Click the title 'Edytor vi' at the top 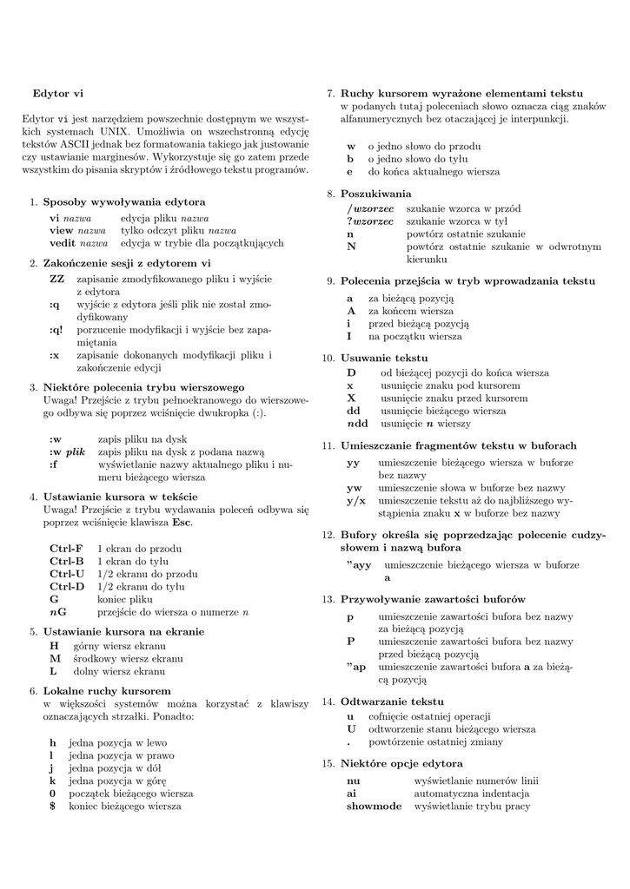pyautogui.click(x=57, y=92)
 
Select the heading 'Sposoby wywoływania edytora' pyautogui.click(x=124, y=201)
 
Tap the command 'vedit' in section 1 pyautogui.click(x=63, y=243)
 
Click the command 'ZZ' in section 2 pyautogui.click(x=56, y=279)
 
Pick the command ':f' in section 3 pyautogui.click(x=54, y=464)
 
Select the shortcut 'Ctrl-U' pyautogui.click(x=67, y=574)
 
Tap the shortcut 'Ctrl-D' pyautogui.click(x=67, y=587)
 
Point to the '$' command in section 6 pyautogui.click(x=52, y=806)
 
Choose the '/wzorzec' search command pyautogui.click(x=370, y=209)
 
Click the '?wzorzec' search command pyautogui.click(x=370, y=221)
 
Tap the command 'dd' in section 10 pyautogui.click(x=354, y=411)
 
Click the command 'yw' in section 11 pyautogui.click(x=354, y=488)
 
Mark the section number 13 pyautogui.click(x=328, y=599)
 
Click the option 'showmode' pyautogui.click(x=374, y=806)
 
